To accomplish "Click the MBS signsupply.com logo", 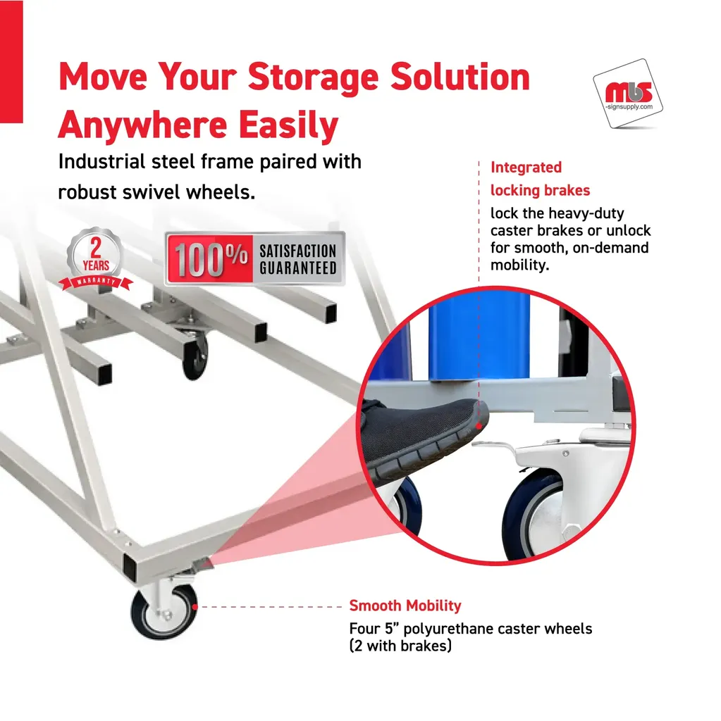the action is point(628,94).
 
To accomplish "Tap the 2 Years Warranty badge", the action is point(96,260).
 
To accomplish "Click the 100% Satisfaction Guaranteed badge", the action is point(254,259).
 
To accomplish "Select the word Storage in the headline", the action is point(313,77).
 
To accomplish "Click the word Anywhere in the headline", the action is point(143,125).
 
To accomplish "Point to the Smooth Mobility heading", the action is point(405,606).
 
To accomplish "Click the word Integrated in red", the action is point(526,168).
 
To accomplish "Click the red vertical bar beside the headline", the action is point(11,62).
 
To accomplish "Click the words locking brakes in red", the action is point(540,190).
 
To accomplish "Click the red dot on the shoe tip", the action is point(479,426).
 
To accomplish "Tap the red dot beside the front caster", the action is point(195,607).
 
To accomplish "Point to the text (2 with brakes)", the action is point(400,646).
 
